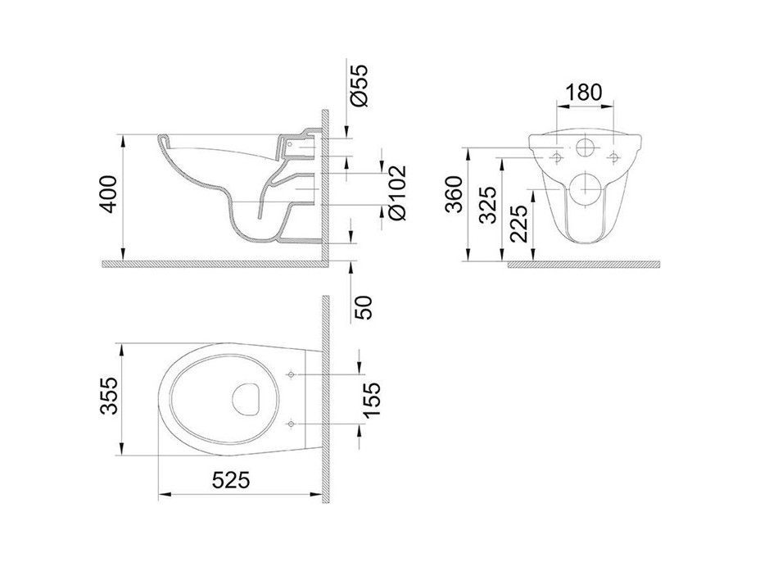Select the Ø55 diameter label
[358, 84]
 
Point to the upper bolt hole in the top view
[292, 374]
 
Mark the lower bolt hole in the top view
[292, 424]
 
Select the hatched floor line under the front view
[583, 265]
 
